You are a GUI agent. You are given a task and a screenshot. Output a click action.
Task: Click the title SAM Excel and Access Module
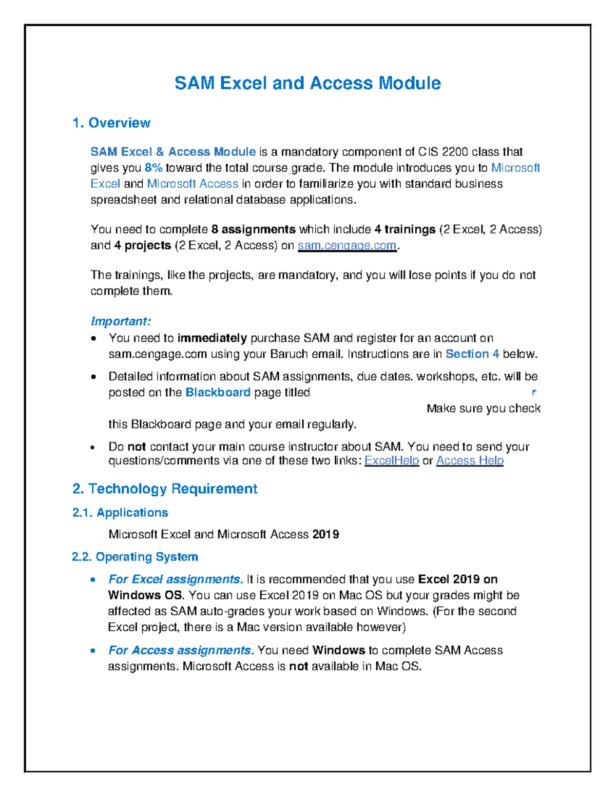pos(307,83)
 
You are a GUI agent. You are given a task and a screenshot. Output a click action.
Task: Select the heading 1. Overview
pos(111,123)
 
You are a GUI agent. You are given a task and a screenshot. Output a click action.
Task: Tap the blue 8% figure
pos(153,168)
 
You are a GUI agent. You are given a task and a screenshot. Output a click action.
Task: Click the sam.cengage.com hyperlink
pos(347,245)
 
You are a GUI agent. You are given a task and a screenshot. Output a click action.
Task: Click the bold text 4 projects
pos(143,245)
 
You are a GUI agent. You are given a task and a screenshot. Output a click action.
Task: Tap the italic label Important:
pos(121,321)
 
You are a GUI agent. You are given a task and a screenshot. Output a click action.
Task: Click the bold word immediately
pos(212,338)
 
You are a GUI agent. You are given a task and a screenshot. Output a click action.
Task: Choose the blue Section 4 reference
pos(472,354)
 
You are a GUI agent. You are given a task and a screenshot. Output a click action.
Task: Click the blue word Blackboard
pos(218,393)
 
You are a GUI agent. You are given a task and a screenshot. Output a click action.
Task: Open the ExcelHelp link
pos(392,461)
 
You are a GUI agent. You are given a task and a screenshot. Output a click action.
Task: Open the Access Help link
pos(470,461)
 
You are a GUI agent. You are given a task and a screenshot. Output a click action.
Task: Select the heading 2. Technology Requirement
pos(165,489)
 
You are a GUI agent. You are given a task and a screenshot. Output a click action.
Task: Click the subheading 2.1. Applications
pos(120,513)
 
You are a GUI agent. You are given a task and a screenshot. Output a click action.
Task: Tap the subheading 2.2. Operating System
pos(135,557)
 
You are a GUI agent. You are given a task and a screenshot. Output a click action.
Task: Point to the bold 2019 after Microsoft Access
pos(325,535)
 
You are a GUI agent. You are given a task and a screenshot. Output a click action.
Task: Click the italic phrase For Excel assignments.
pos(176,579)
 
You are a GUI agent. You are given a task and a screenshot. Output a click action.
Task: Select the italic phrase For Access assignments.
pos(181,650)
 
